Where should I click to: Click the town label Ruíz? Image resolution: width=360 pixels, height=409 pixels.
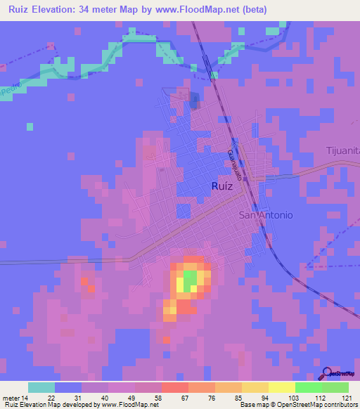tap(221, 186)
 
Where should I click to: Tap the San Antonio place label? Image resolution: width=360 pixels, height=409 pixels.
tap(266, 215)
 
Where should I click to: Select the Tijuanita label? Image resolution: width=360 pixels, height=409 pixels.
tap(342, 150)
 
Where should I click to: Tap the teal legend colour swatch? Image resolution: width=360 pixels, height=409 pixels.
tap(41, 387)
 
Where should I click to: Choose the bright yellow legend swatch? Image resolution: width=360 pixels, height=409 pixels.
tap(282, 387)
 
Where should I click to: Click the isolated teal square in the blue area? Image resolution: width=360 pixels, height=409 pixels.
tap(30, 126)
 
